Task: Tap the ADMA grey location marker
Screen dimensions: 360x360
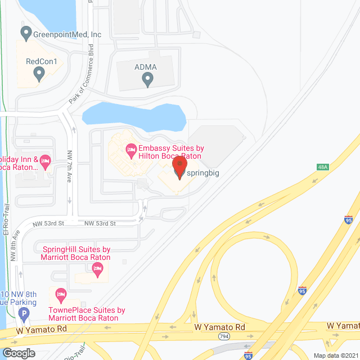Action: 147,80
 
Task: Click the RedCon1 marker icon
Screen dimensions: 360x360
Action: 39,73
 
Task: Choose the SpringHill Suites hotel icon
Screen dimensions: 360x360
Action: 99,272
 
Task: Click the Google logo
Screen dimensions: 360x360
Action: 19,353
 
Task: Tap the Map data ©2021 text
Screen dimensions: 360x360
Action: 335,355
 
